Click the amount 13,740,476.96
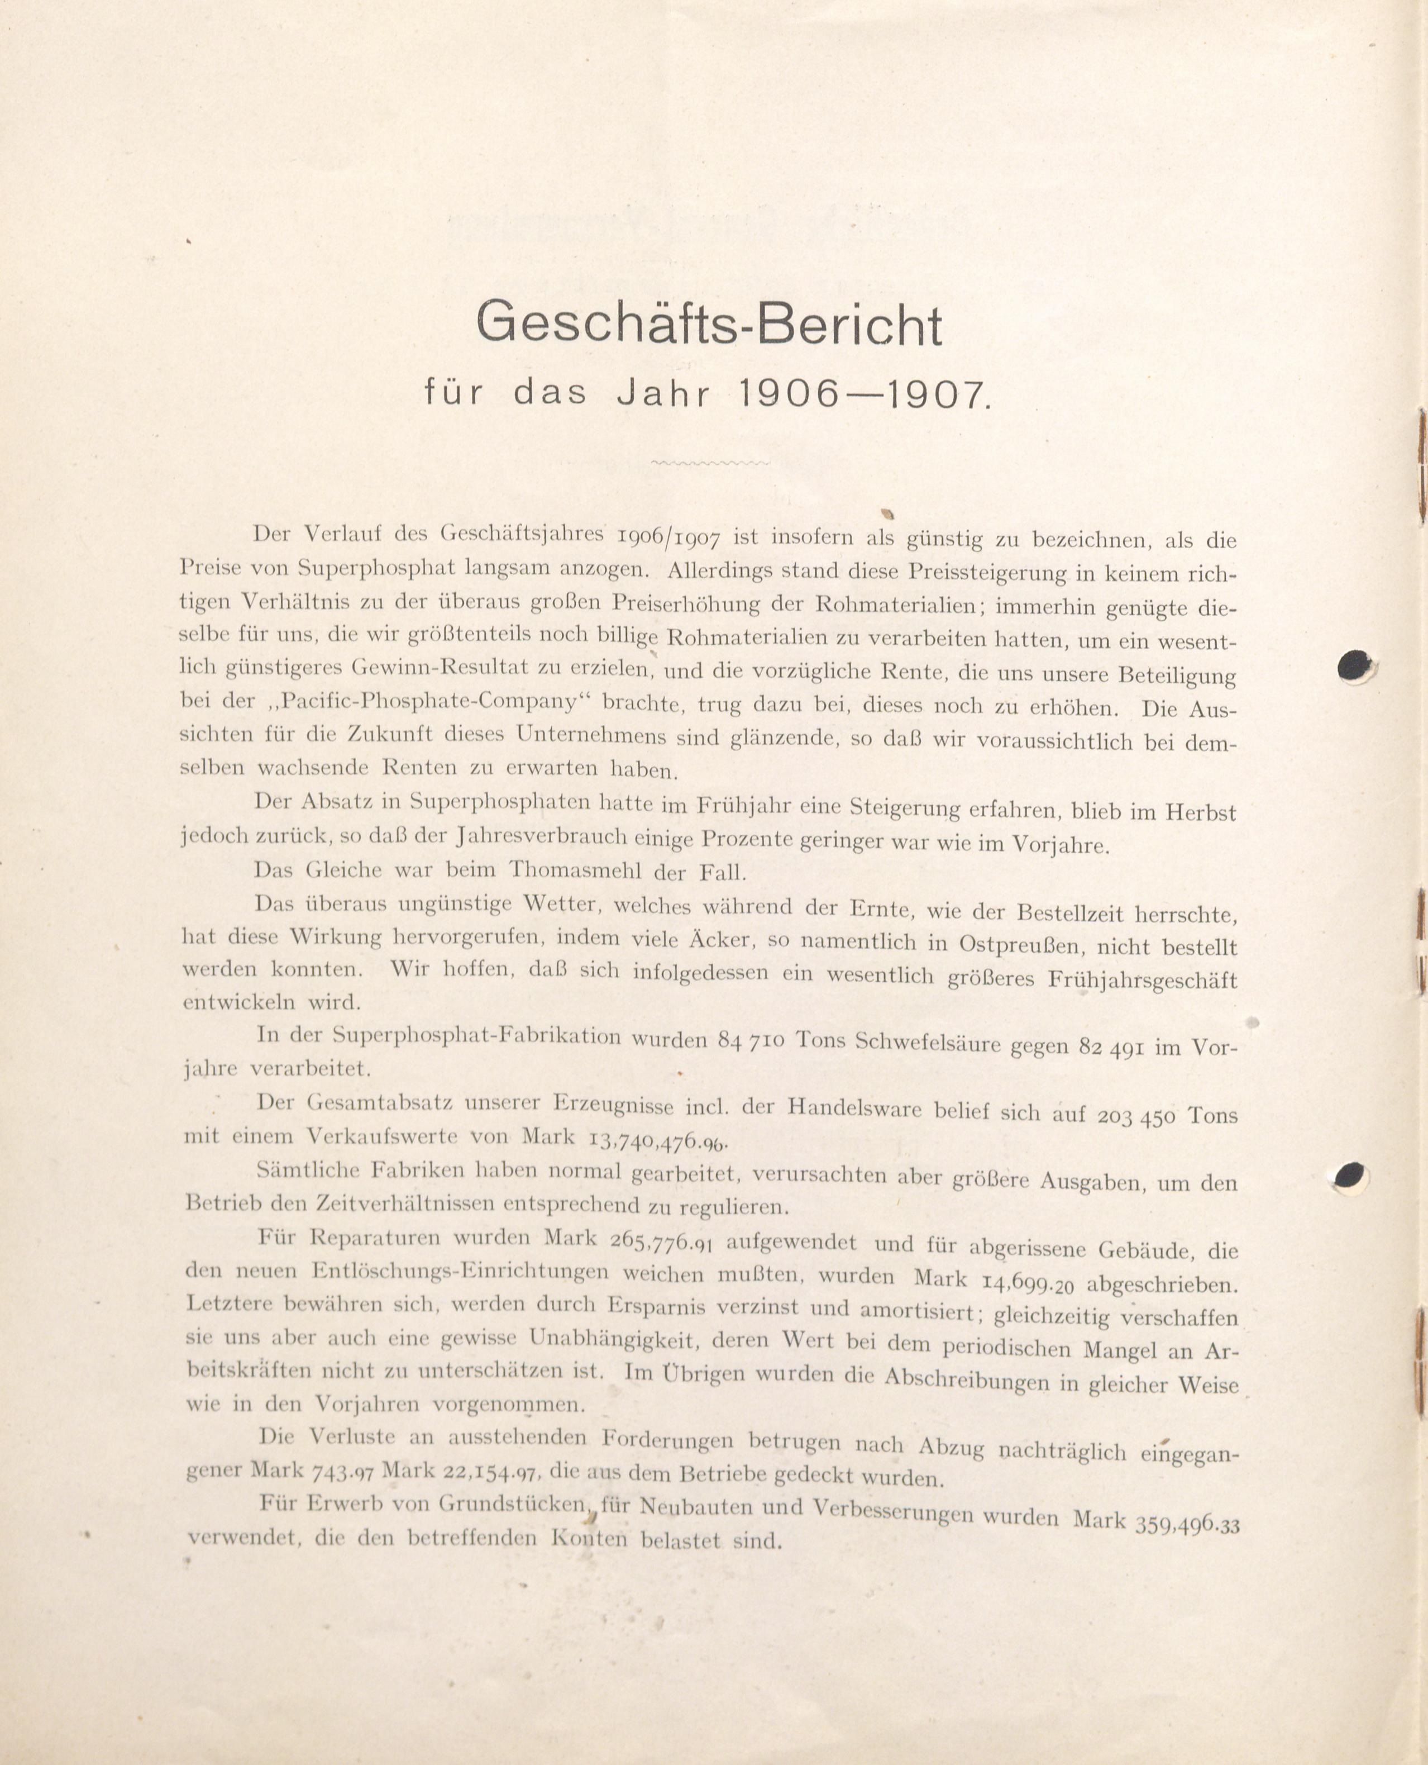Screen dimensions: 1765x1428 658,1140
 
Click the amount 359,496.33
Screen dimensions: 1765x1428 1186,1500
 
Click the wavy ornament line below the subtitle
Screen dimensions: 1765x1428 710,463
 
